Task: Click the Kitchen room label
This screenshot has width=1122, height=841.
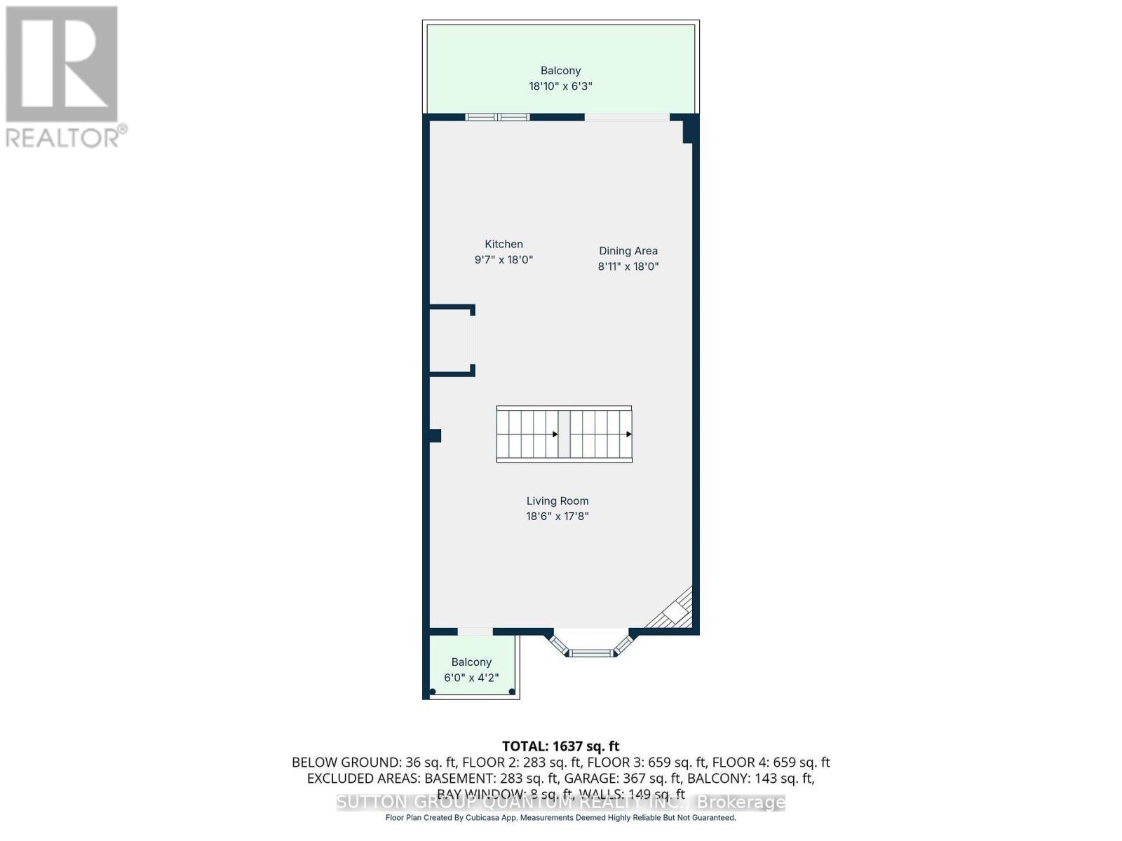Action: coord(503,244)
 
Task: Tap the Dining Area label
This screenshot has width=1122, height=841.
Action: coord(628,250)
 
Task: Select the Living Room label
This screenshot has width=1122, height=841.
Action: coord(557,500)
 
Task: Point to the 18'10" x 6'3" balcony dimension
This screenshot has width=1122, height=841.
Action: coord(560,86)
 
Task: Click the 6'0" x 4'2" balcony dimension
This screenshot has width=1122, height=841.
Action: coord(471,678)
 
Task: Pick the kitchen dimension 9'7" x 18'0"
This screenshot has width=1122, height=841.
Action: coord(503,260)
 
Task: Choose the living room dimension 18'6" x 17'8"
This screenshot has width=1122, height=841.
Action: coord(557,517)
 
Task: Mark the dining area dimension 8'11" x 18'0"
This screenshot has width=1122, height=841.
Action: coord(628,266)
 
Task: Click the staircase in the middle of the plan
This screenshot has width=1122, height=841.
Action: coord(564,434)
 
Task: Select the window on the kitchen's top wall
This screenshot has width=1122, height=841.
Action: coord(497,116)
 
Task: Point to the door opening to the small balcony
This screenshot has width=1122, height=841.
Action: coord(475,632)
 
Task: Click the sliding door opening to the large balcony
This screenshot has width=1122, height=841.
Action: coord(627,117)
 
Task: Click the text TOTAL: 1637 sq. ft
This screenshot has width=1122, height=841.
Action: coord(560,746)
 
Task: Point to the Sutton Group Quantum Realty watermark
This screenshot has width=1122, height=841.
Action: coord(560,802)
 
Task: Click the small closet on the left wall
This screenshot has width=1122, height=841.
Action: coord(451,341)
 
